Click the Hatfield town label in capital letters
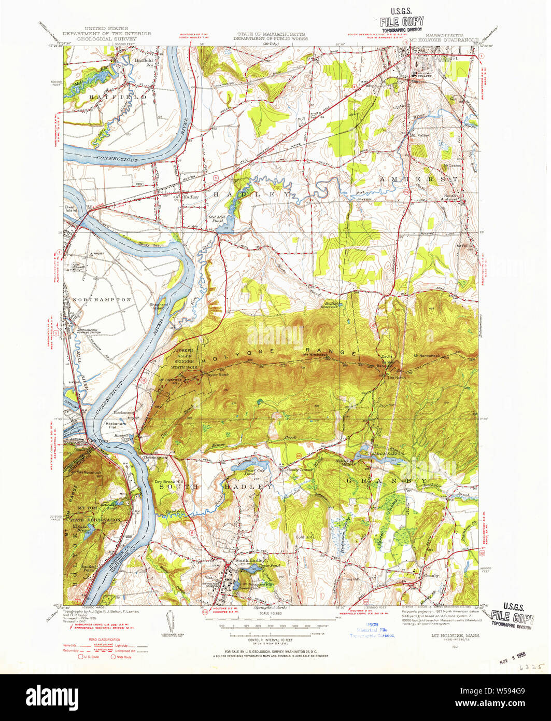point(109,97)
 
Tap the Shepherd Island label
point(159,307)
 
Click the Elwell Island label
point(70,209)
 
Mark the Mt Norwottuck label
point(427,355)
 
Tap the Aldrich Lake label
point(384,453)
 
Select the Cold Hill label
point(304,537)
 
